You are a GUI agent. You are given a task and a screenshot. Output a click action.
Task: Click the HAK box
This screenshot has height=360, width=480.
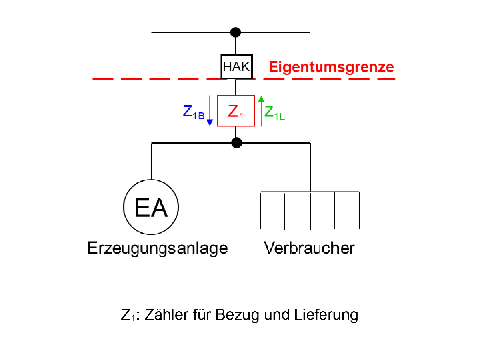click(236, 66)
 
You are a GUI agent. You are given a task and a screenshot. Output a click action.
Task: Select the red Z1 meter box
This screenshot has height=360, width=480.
click(236, 111)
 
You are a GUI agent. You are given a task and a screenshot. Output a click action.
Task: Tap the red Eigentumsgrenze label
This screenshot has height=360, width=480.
click(331, 67)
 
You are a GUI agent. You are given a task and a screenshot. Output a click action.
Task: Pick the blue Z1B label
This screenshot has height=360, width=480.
click(194, 112)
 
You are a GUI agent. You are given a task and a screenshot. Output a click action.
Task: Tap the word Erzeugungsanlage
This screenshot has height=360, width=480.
click(158, 248)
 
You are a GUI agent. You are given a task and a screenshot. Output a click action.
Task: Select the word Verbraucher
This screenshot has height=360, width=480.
click(309, 248)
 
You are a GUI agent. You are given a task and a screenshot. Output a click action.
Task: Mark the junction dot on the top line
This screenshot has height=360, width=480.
click(236, 32)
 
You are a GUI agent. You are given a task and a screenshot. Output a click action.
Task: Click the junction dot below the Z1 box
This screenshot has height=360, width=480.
click(237, 142)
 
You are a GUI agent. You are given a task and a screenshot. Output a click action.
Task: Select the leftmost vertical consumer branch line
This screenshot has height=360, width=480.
click(261, 210)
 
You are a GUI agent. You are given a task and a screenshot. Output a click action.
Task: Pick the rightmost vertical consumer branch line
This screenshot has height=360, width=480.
click(359, 210)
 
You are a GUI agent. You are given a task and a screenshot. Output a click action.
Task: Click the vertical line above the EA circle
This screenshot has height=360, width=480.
click(152, 160)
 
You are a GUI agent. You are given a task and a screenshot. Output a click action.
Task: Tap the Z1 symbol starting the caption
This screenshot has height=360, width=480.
click(127, 315)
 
